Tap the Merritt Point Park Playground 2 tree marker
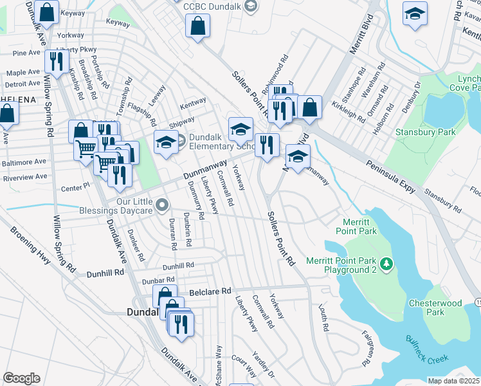click(386, 263)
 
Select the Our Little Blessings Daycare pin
click(162, 206)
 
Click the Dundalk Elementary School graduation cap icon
click(166, 142)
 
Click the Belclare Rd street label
click(208, 291)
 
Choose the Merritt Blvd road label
click(353, 49)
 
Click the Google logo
click(22, 378)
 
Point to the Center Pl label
click(73, 188)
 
